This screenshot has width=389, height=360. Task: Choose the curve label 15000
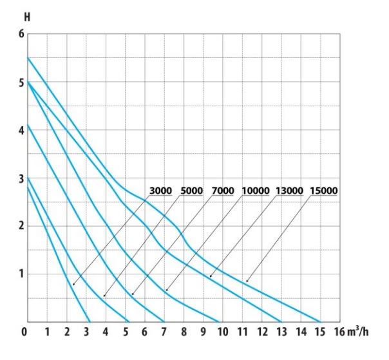[x=324, y=191]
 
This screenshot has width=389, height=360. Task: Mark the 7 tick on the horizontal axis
[x=164, y=333]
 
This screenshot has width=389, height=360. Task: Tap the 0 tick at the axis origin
[x=24, y=333]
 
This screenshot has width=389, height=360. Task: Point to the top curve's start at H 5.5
[x=28, y=58]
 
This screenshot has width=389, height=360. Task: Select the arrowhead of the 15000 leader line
[x=245, y=282]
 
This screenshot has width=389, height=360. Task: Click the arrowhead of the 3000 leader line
[x=72, y=283]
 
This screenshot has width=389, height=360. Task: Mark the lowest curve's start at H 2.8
[x=28, y=187]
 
